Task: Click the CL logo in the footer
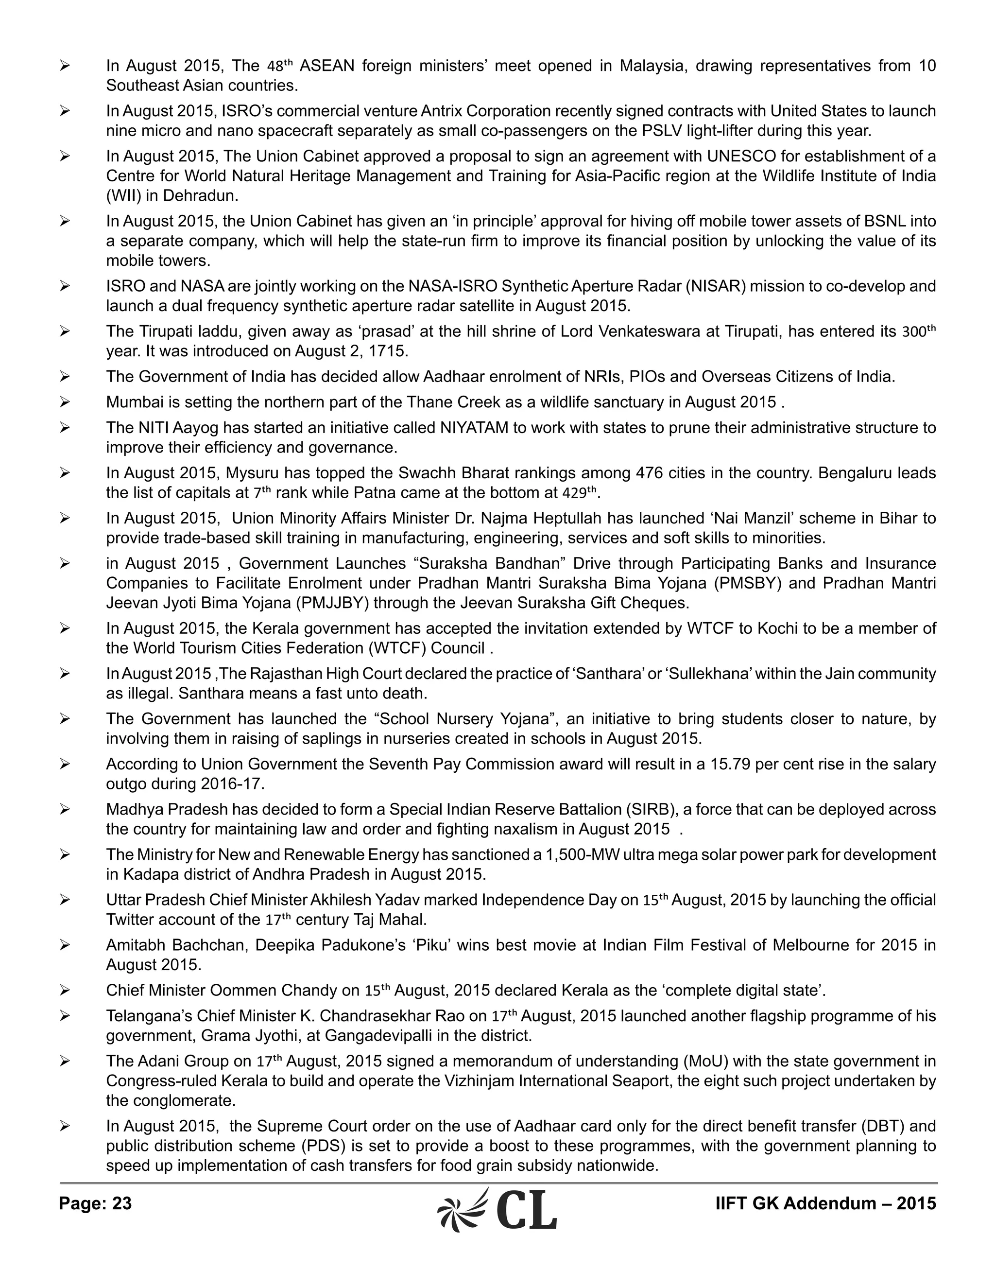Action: coord(497,1208)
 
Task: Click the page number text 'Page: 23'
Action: coord(96,1203)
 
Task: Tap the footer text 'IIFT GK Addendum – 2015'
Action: coord(825,1203)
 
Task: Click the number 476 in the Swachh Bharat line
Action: coord(650,473)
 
